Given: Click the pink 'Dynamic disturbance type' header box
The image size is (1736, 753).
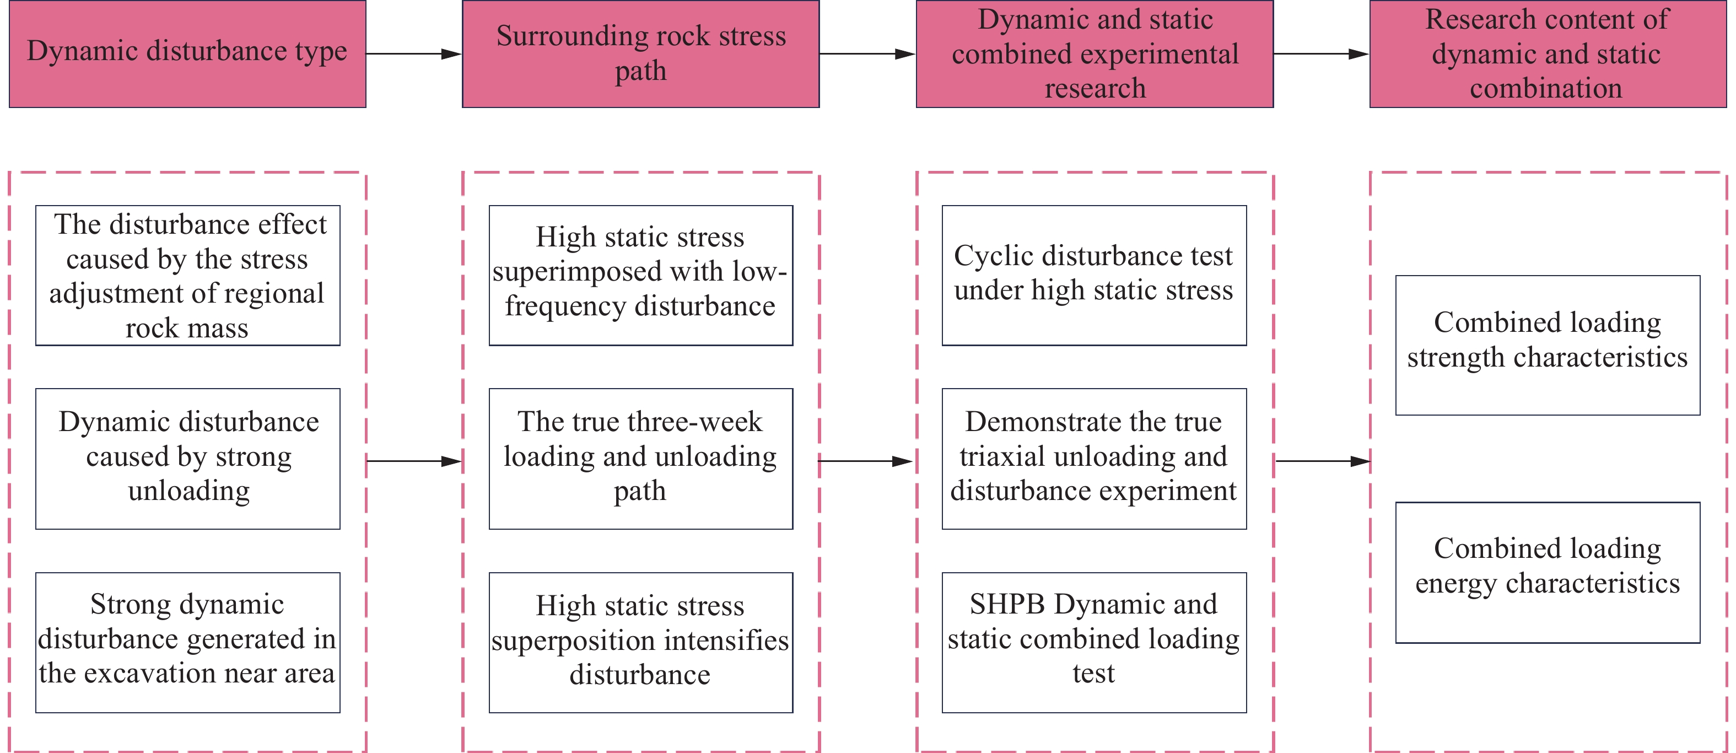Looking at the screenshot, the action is coord(187,54).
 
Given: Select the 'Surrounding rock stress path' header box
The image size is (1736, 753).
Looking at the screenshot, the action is coord(641,54).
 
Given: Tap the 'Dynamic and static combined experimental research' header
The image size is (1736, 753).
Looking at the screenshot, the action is coord(1095,54).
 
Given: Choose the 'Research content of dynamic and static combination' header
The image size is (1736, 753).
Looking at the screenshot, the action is coord(1548,54).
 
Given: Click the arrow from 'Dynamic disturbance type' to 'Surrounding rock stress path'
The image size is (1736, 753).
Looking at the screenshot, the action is coord(414,54).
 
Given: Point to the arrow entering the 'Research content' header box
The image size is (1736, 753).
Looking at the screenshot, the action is coord(1322,54).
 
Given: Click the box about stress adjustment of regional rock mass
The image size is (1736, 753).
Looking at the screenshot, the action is coord(188,276).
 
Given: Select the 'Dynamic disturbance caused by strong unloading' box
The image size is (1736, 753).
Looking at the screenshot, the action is coord(188,459).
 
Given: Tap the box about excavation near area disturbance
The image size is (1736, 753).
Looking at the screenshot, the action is coord(188,642).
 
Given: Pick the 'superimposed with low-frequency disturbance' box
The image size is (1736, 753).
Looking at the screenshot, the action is coord(641,276).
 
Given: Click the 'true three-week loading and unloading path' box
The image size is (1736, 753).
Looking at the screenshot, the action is coord(641,459).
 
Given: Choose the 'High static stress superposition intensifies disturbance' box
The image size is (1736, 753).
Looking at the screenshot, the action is coord(641,642).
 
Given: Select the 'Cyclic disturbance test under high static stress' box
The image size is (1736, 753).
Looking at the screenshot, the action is coord(1095,276).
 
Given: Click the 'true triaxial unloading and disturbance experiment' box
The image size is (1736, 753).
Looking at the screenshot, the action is coord(1095,459).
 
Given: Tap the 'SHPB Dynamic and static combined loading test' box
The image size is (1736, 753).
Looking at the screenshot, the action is coord(1095,642).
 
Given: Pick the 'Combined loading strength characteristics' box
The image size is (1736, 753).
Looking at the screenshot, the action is coord(1548,345).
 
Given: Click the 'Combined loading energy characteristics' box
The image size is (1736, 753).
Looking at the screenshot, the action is coord(1548,572).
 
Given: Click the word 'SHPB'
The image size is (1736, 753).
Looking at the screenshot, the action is coord(1007,605).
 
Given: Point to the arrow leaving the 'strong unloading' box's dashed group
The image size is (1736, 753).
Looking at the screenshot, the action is coord(414,461).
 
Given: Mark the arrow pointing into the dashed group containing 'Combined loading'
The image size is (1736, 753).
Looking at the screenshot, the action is coord(1323,461).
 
